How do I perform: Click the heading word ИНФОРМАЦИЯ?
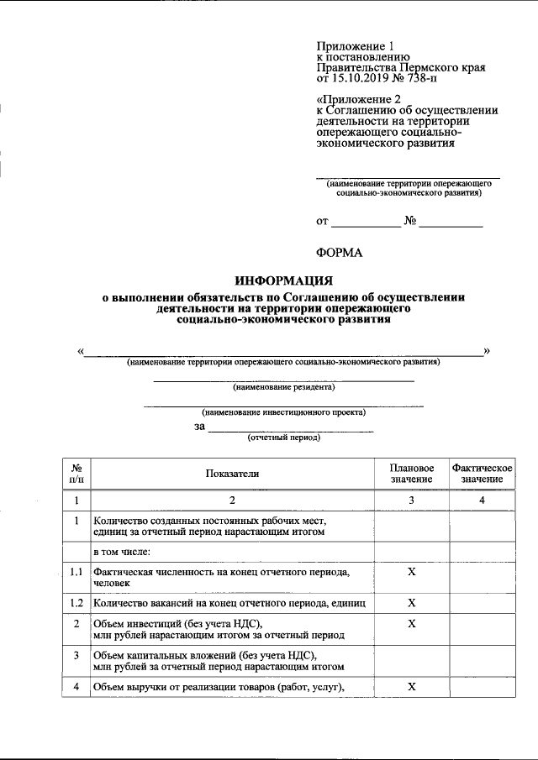(283, 280)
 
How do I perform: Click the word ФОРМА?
(339, 252)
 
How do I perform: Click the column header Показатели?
(232, 474)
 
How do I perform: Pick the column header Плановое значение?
(411, 474)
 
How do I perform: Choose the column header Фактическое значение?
(482, 474)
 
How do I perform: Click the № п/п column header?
(76, 474)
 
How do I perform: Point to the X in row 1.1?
(411, 571)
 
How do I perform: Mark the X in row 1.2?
(411, 603)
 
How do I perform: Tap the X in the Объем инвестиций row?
(411, 624)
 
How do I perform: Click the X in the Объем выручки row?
(411, 686)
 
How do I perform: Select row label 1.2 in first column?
(76, 603)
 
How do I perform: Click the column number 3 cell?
(411, 501)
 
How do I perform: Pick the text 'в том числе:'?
(122, 552)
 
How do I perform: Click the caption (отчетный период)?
(283, 438)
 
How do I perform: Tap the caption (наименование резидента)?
(283, 388)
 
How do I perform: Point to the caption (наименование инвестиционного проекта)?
(283, 412)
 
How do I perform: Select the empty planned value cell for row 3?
(411, 661)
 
